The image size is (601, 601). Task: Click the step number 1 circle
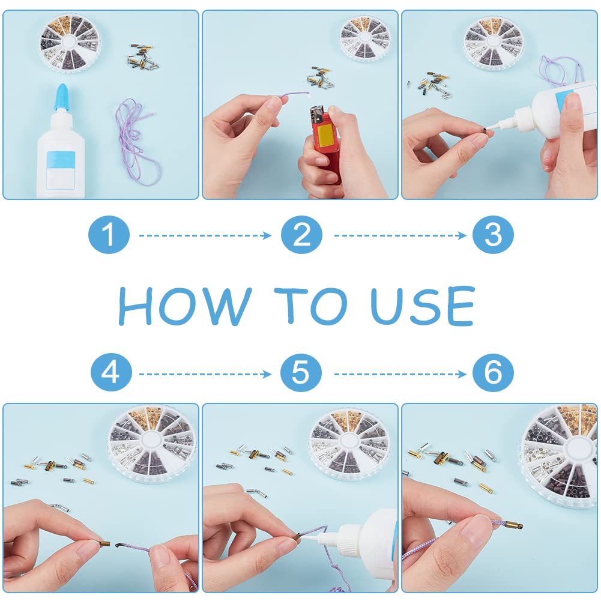(x=109, y=235)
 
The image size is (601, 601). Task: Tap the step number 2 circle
(x=301, y=235)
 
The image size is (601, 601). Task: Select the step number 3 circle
(x=493, y=235)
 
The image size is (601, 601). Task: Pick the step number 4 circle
(x=111, y=372)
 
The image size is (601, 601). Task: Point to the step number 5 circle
(x=301, y=372)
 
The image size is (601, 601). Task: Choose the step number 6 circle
(x=493, y=372)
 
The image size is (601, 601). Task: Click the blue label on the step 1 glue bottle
(x=61, y=170)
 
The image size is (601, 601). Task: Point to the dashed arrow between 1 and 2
(x=205, y=235)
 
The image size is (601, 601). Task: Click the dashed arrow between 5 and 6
(x=400, y=373)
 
